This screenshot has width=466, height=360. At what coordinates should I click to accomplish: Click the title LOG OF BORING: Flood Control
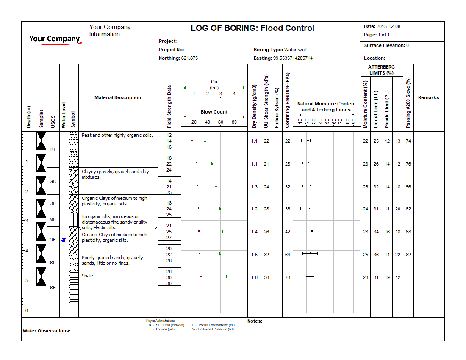tap(252, 28)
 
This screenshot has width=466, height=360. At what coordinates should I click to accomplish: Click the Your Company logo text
tap(54, 39)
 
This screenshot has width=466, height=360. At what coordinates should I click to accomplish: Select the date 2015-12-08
tap(389, 26)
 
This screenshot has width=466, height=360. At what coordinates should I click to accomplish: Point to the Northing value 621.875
tap(189, 58)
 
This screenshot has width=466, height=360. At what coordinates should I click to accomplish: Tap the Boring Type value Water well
tap(295, 50)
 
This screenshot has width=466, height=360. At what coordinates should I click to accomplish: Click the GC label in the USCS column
tap(53, 181)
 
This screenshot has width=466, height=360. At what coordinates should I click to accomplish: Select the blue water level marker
tap(64, 240)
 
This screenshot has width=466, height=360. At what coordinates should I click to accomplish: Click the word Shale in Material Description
tap(87, 276)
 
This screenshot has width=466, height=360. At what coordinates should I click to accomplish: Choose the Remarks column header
tap(428, 97)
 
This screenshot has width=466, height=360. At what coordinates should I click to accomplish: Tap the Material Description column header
tap(118, 97)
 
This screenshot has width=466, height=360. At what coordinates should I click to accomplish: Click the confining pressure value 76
tap(288, 277)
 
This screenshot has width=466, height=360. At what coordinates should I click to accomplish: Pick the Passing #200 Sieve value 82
tap(408, 255)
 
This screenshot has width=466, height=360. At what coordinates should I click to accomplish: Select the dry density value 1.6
tap(254, 277)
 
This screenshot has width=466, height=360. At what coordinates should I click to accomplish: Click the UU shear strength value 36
tap(266, 277)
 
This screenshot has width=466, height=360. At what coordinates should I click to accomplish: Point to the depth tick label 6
tap(27, 310)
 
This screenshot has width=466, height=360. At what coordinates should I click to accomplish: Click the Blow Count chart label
tap(214, 112)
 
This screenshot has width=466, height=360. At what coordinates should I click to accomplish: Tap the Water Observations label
tap(47, 331)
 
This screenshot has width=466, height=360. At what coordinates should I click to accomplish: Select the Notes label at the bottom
tap(255, 321)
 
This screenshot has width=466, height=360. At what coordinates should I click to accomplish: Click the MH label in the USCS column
tap(53, 219)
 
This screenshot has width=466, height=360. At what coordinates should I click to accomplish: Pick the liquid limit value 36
tap(376, 255)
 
